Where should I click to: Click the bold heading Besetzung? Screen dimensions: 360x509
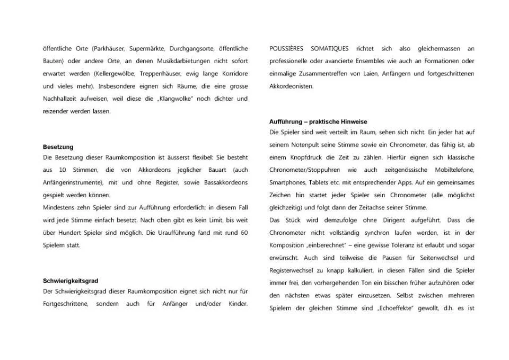coord(58,147)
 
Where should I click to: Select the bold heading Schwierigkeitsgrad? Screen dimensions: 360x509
coord(71,280)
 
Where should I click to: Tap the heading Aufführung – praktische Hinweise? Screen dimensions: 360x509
coord(318,121)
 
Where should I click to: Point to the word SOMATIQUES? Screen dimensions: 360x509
coord(330,48)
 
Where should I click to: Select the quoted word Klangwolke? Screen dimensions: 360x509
coord(172,99)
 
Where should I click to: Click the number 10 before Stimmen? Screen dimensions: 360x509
coord(63,170)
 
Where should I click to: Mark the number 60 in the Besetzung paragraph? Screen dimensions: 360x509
coord(243,233)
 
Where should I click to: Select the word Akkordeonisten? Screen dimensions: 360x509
coord(292,86)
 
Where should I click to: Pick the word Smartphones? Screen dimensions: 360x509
coord(286,182)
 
